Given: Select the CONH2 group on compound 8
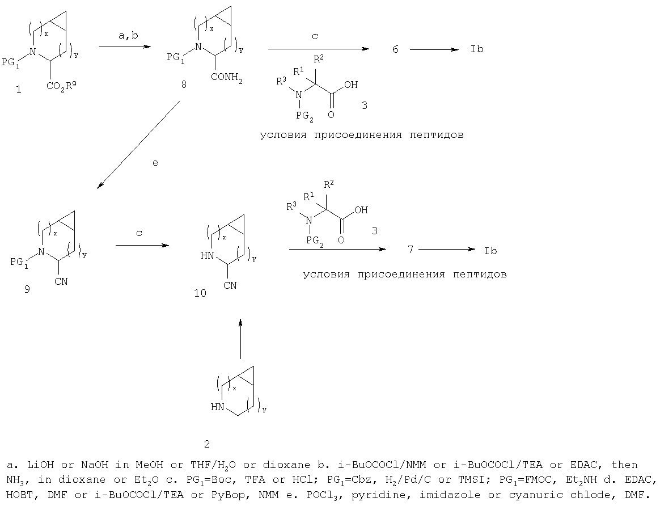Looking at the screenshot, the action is (227, 78).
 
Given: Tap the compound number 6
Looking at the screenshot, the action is (395, 49).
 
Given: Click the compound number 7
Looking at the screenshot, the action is (411, 250).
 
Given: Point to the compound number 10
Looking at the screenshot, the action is (200, 293).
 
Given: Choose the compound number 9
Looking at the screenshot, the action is (27, 289).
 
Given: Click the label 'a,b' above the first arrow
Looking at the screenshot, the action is (128, 36).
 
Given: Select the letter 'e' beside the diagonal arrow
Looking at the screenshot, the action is (155, 163).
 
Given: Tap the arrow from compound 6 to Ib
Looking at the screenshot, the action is (434, 50).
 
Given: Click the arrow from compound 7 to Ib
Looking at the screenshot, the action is (447, 250).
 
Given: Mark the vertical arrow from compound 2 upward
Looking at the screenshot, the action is (240, 339).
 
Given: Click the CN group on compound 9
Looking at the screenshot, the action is (61, 281).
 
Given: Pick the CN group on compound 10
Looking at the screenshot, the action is (230, 285).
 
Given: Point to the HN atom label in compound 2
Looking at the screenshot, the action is (218, 407).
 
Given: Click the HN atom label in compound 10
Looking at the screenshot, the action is (208, 255).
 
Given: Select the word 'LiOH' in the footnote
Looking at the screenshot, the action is (40, 465).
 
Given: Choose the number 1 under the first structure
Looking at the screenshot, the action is (19, 89).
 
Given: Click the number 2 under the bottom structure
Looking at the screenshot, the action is (206, 444).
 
